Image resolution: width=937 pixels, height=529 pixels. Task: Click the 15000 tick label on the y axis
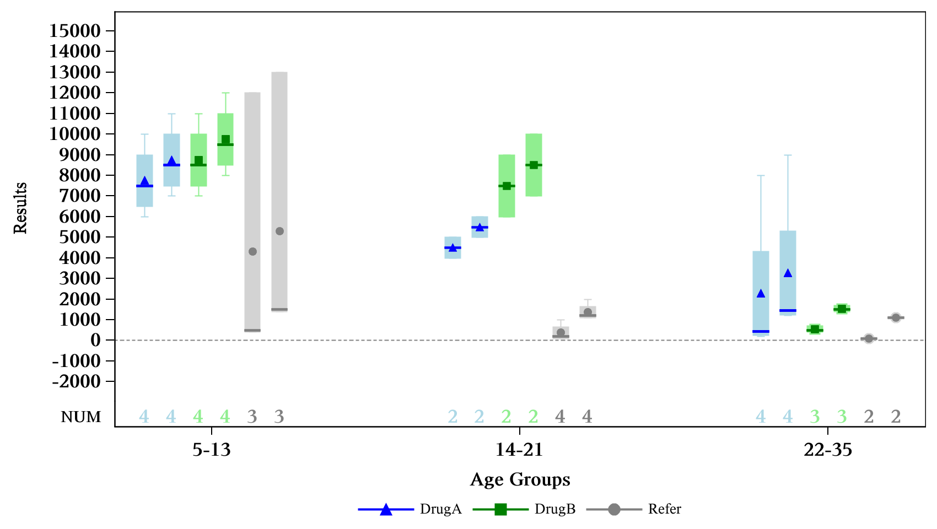click(75, 31)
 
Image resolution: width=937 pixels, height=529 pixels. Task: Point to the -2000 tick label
click(77, 381)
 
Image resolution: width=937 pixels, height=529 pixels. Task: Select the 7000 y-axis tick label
click(75, 196)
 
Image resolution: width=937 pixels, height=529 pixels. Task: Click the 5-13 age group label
click(212, 450)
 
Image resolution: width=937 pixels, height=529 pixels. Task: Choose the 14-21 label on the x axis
click(519, 450)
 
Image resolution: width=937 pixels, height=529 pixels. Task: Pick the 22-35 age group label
click(828, 450)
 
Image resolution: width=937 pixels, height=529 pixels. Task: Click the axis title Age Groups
click(520, 480)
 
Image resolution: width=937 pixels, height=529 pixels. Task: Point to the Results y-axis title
click(20, 208)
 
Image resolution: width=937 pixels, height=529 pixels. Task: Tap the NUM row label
click(81, 417)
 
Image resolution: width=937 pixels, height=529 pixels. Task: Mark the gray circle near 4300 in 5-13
click(252, 252)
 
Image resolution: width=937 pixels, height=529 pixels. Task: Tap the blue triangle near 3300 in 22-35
click(788, 273)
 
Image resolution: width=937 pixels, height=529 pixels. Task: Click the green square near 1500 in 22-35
click(842, 309)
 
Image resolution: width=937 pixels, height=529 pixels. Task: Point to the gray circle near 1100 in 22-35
click(896, 317)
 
